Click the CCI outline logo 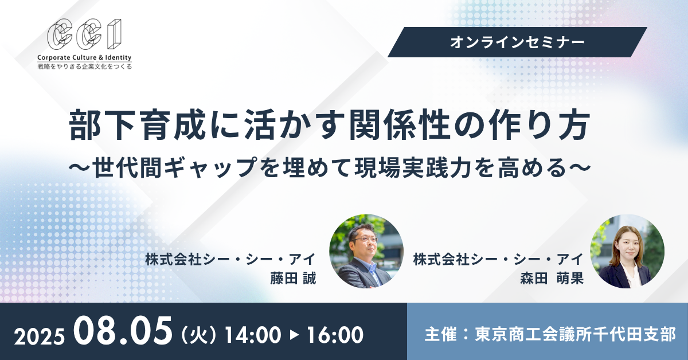point(84,34)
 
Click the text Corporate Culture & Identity point(84,57)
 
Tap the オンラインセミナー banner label point(517,42)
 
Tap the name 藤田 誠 point(293,279)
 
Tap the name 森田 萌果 point(552,279)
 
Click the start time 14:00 point(253,335)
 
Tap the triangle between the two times point(294,335)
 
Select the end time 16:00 point(335,335)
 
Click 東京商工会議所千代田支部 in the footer point(575,334)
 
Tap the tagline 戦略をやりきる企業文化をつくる point(84,66)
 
